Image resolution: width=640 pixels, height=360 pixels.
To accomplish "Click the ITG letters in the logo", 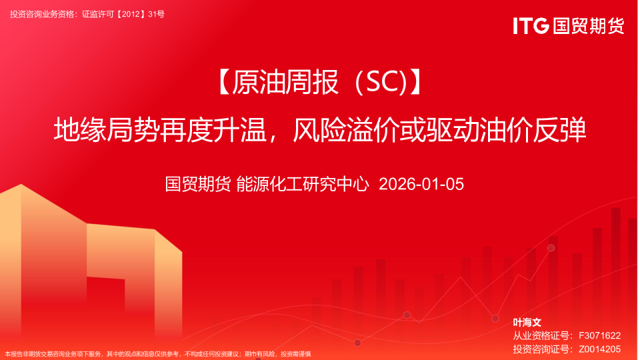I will click(x=531, y=26).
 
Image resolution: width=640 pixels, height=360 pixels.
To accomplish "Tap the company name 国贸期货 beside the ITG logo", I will click(x=588, y=26).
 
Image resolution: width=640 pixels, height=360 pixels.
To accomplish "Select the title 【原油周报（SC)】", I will click(x=319, y=83).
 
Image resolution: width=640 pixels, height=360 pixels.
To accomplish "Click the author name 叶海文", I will click(x=527, y=323).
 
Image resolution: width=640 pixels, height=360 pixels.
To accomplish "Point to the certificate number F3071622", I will click(x=600, y=335).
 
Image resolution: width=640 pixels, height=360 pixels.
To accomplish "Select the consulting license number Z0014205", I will click(x=600, y=349).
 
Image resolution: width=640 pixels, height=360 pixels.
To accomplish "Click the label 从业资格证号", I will click(x=541, y=335).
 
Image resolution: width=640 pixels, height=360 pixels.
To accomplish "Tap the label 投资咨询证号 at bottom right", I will click(x=541, y=349).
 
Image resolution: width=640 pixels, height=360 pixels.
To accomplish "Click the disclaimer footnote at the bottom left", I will click(x=158, y=354).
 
